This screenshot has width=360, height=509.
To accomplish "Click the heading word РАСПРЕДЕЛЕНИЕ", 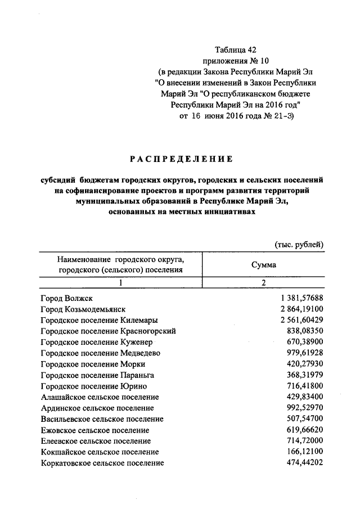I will pos(181,159).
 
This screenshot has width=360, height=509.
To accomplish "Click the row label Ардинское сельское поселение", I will pos(97,408).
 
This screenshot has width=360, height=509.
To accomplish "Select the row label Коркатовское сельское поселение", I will pos(102,463).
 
